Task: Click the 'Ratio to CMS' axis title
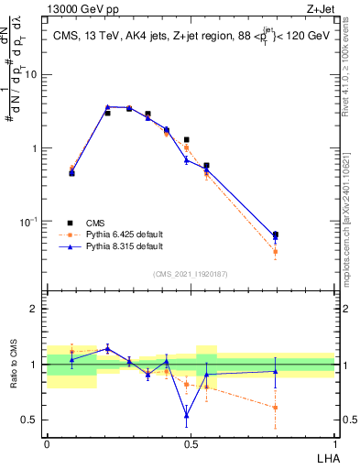click(13, 364)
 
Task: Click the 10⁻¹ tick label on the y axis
click(31, 222)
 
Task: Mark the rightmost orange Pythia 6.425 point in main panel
click(275, 251)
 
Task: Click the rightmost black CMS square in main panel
click(275, 234)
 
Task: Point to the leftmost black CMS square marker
click(71, 172)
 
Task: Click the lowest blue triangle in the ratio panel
click(187, 415)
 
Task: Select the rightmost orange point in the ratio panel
click(275, 408)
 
